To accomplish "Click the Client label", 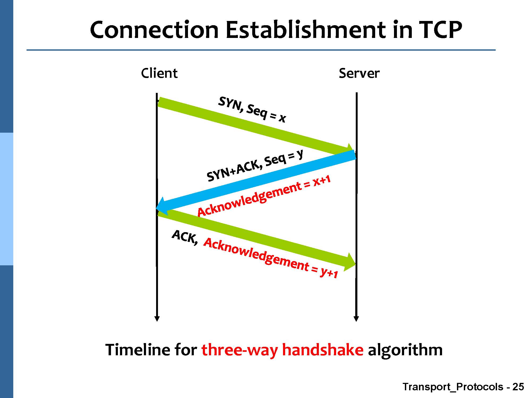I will point(159,73).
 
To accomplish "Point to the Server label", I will point(359,73).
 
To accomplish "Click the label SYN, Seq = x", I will point(252,110).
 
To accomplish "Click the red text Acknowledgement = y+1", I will point(271,258).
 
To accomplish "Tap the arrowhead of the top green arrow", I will point(350,149).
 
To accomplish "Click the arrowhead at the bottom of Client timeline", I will point(157,318).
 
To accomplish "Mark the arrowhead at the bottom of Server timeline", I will point(356,318).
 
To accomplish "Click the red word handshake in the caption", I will point(322,350).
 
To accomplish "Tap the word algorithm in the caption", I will point(405,350).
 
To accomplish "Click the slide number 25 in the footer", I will point(518,387).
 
